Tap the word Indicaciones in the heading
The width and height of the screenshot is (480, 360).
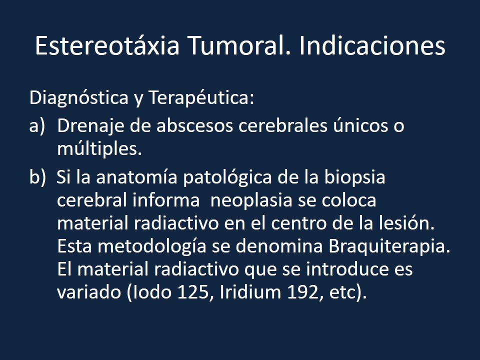372,46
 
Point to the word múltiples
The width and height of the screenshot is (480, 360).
99,149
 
